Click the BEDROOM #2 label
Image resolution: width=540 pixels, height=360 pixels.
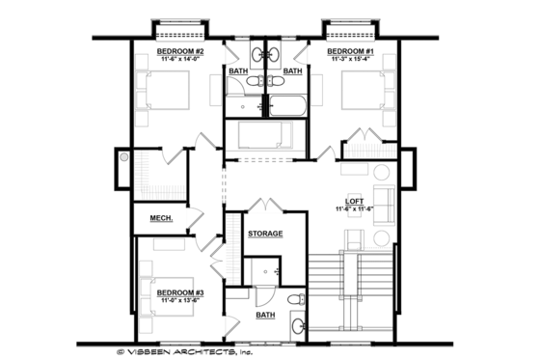(180, 51)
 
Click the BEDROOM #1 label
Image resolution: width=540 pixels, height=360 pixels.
(349, 51)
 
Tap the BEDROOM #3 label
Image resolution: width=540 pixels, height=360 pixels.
(178, 291)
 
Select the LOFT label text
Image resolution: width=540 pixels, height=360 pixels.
(367, 201)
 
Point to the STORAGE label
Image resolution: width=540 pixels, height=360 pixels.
(265, 234)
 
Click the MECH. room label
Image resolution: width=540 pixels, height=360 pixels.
(161, 219)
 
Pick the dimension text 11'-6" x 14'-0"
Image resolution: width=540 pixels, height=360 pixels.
(180, 60)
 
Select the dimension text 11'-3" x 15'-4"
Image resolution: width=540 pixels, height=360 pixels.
(349, 60)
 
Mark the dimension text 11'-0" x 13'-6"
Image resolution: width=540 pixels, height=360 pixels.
(178, 300)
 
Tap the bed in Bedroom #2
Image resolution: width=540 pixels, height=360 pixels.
(169, 97)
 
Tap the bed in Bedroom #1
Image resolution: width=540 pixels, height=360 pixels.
(361, 96)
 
